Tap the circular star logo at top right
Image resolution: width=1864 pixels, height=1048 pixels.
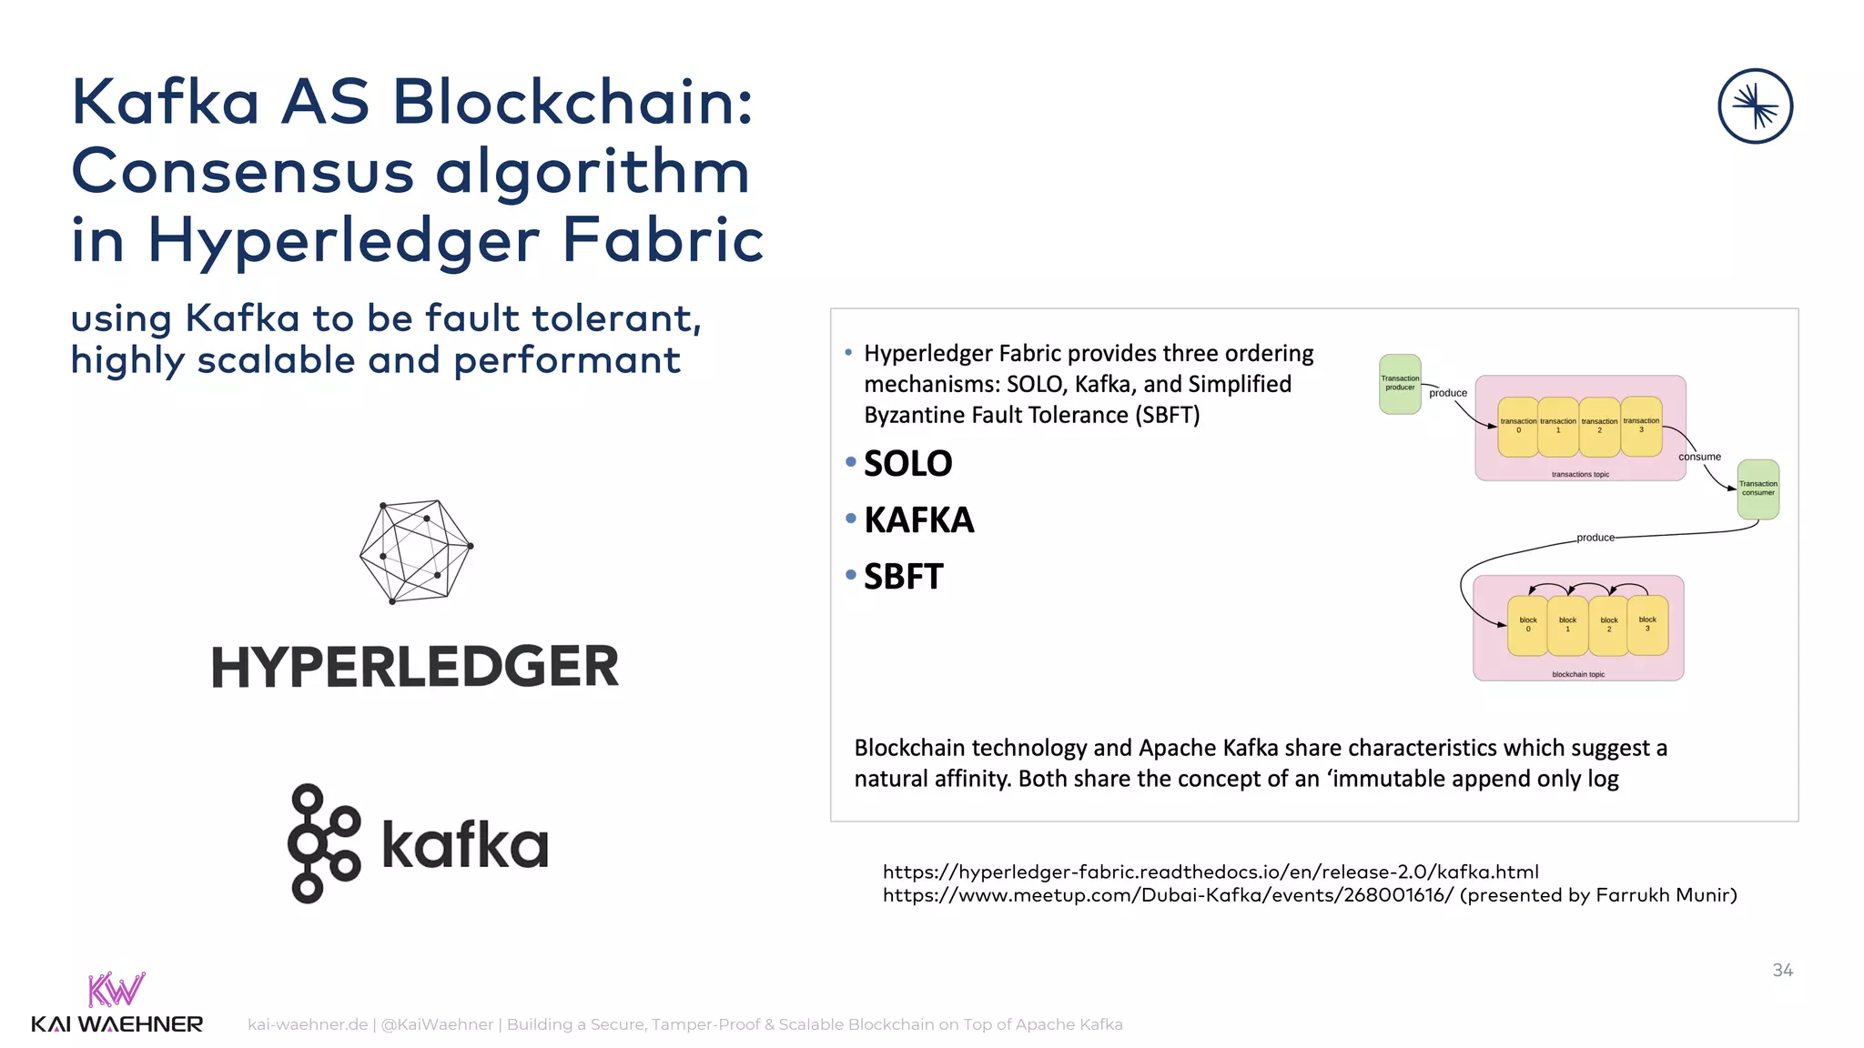1755,106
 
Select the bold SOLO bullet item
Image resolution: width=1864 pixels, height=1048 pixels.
907,464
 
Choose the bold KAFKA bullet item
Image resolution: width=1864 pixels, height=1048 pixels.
918,520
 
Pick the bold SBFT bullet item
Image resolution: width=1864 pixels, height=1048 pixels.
903,577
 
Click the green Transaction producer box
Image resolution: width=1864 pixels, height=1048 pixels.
1400,384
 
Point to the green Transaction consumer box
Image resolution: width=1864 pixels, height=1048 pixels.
1758,489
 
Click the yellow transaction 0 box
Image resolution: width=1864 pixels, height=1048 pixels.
1518,426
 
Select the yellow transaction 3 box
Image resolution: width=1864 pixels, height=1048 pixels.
1641,425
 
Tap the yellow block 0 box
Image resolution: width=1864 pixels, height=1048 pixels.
1527,625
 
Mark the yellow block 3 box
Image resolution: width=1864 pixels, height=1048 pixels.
1647,624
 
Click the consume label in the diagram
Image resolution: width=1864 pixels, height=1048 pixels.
1699,457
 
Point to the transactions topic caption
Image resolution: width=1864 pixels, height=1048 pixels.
1580,475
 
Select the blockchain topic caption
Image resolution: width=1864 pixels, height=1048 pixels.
1578,674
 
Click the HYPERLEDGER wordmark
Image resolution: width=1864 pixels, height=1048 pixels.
415,667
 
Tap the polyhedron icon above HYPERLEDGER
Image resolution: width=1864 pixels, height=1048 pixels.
416,551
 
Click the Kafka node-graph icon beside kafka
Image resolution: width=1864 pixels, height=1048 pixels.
323,843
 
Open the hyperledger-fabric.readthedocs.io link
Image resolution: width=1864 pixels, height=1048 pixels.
1211,872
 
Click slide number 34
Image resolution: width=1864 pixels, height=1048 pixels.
1782,971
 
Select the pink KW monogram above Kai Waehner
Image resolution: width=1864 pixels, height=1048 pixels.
116,990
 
